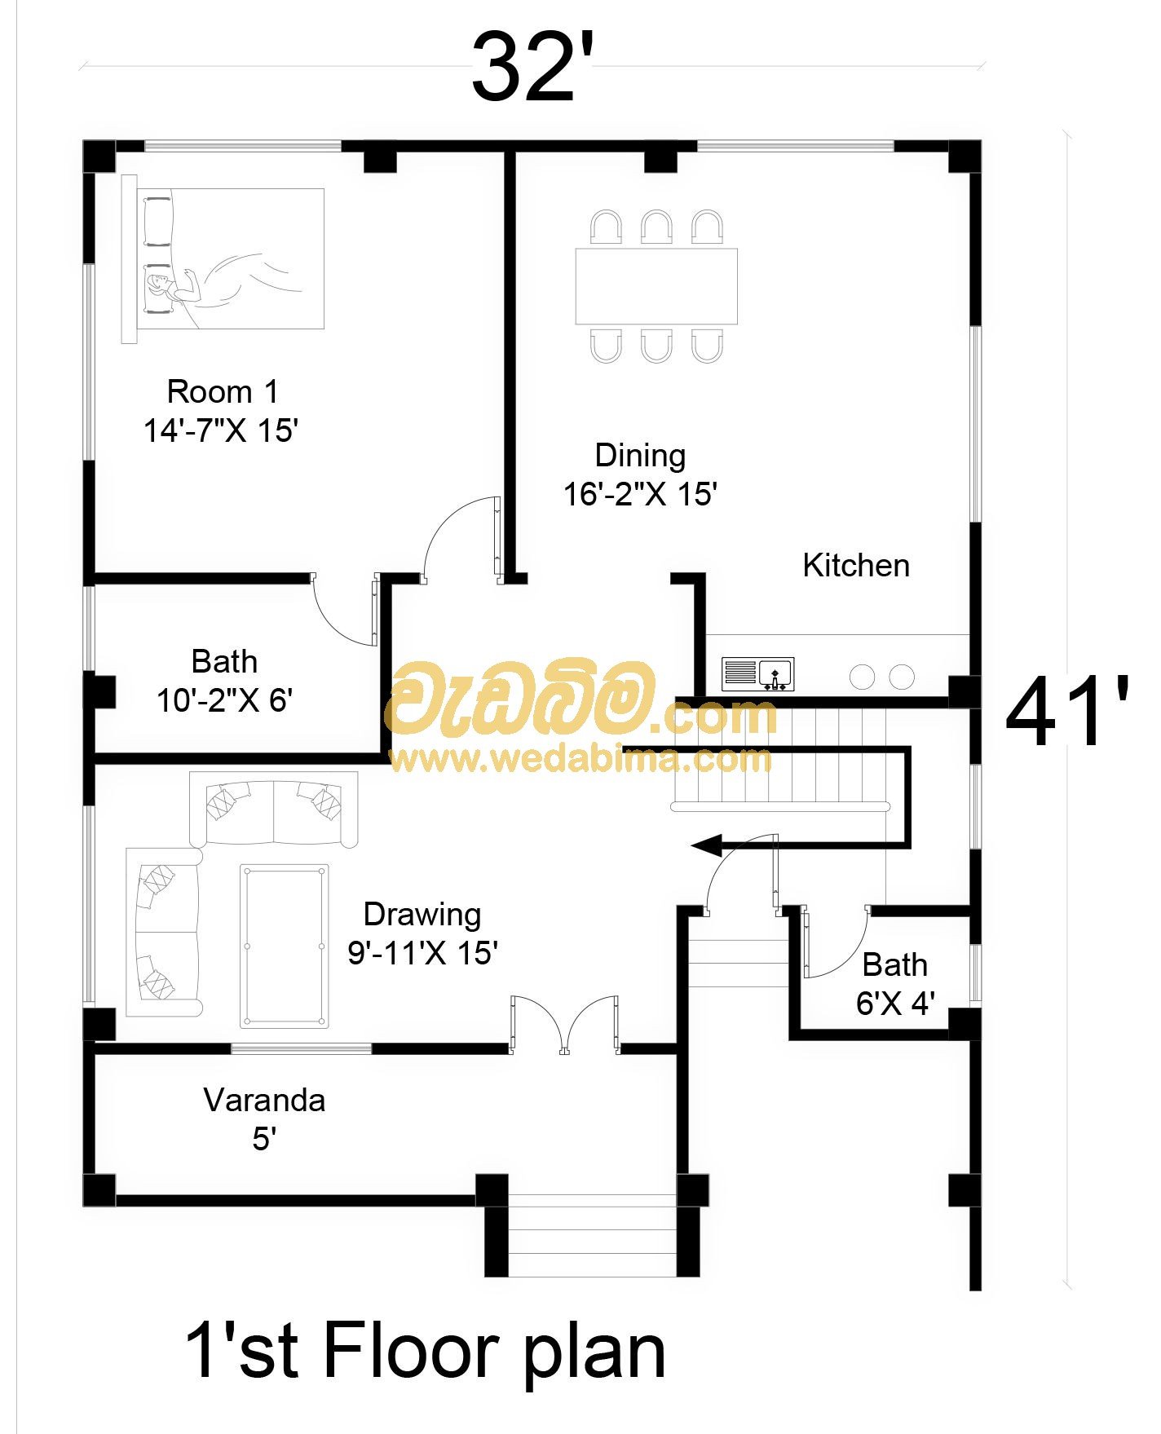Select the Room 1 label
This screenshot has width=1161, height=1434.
[x=223, y=392]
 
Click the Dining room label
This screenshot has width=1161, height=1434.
[x=640, y=456]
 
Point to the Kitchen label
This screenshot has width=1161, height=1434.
[x=856, y=566]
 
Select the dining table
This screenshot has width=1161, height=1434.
[x=656, y=286]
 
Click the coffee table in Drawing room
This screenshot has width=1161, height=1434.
[x=285, y=946]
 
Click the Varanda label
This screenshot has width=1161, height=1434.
[x=264, y=1101]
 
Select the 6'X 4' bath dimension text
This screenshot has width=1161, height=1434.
[x=895, y=1004]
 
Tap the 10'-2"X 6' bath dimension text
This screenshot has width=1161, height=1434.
[x=224, y=699]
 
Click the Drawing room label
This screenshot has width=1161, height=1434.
[x=422, y=915]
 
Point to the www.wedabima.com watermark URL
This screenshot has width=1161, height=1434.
[x=580, y=760]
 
